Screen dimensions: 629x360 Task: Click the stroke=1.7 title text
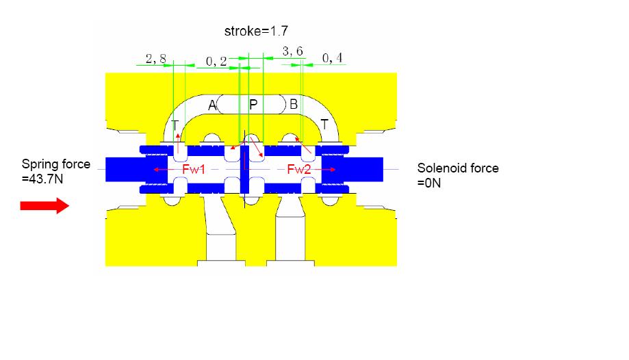256,31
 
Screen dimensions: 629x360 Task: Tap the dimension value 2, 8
155,59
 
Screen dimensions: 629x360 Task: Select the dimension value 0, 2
216,61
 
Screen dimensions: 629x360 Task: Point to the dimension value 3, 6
292,51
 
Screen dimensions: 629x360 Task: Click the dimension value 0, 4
332,58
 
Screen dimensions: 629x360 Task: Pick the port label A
212,105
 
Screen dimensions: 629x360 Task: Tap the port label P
253,105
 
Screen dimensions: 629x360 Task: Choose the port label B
294,104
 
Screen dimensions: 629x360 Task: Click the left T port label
175,125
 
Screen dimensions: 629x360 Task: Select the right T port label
324,125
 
